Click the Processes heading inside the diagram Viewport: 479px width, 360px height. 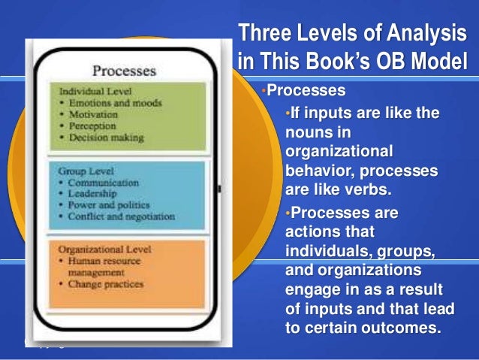pyautogui.click(x=124, y=72)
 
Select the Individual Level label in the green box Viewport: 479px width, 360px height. pyautogui.click(x=89, y=92)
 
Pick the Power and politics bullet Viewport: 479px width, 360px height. pyautogui.click(x=104, y=204)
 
